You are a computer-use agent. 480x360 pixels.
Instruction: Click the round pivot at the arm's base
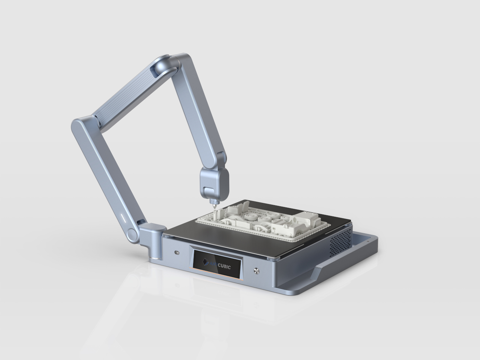click(x=132, y=234)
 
